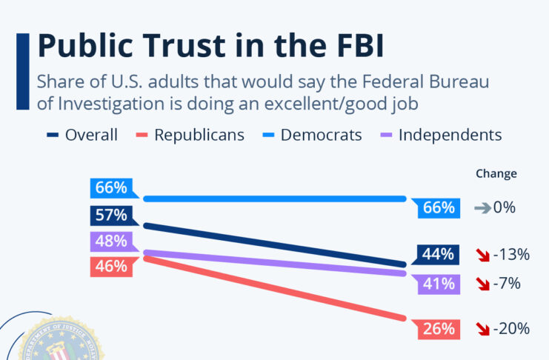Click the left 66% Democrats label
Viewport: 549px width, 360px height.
coord(111,187)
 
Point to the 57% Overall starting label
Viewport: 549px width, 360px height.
coord(111,216)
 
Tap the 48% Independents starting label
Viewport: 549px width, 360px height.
coord(111,241)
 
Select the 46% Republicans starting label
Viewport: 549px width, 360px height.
coord(111,266)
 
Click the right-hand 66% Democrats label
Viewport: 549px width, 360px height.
coord(438,208)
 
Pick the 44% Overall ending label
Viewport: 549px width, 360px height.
coord(438,254)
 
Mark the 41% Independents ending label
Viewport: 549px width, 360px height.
coord(438,283)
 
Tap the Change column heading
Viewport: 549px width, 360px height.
coord(496,174)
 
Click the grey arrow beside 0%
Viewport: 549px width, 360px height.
coord(482,208)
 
